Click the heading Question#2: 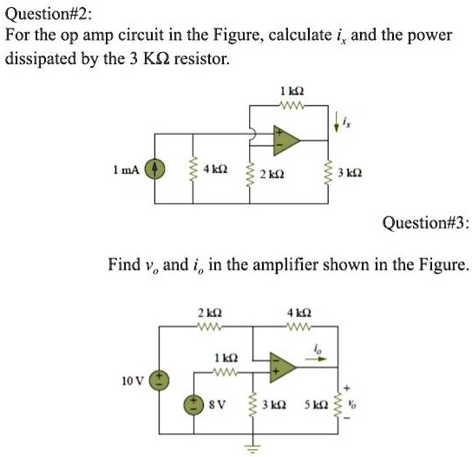[45, 14]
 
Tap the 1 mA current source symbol [157, 169]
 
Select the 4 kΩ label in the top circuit [214, 168]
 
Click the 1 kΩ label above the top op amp [290, 92]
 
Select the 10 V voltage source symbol [159, 380]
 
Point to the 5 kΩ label [315, 405]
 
